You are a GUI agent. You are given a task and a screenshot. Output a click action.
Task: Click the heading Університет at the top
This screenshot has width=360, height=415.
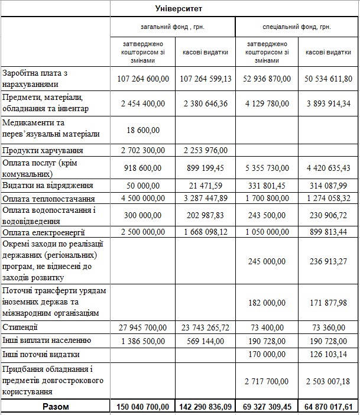tap(178, 9)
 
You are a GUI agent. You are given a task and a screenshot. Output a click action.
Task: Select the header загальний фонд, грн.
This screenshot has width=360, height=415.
tap(172, 27)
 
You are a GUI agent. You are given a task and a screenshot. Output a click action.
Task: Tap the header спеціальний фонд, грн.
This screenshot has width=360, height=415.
tap(297, 27)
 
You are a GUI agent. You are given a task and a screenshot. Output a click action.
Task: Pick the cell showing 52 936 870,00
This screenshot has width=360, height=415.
tap(267, 78)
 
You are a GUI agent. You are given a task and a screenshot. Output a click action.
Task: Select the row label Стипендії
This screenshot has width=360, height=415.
tap(21, 326)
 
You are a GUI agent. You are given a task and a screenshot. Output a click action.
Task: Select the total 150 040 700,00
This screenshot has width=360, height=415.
tap(142, 407)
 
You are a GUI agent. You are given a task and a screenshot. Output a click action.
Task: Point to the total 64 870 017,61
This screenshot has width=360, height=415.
tap(328, 407)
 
